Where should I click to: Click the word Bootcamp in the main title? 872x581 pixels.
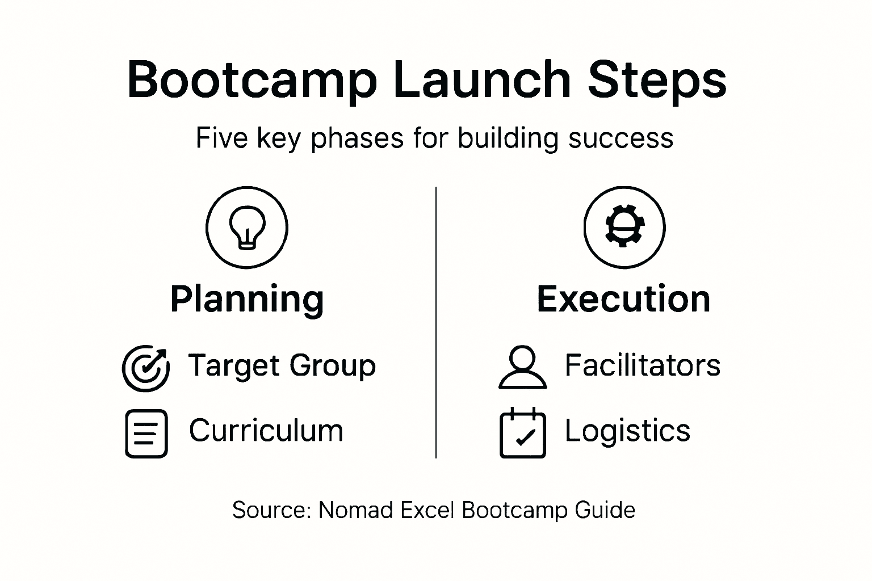252,81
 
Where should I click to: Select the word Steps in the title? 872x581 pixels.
657,81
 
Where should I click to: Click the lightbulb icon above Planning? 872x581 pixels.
247,228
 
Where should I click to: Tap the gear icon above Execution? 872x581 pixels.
624,228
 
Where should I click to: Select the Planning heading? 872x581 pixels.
247,300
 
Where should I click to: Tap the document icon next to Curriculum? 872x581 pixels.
146,433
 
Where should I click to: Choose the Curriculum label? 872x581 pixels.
266,430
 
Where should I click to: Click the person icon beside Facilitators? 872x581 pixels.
522,367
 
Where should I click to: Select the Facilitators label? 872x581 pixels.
642,365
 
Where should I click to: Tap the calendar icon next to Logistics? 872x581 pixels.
522,433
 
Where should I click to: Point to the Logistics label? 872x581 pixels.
627,430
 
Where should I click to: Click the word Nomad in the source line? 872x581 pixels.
355,510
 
